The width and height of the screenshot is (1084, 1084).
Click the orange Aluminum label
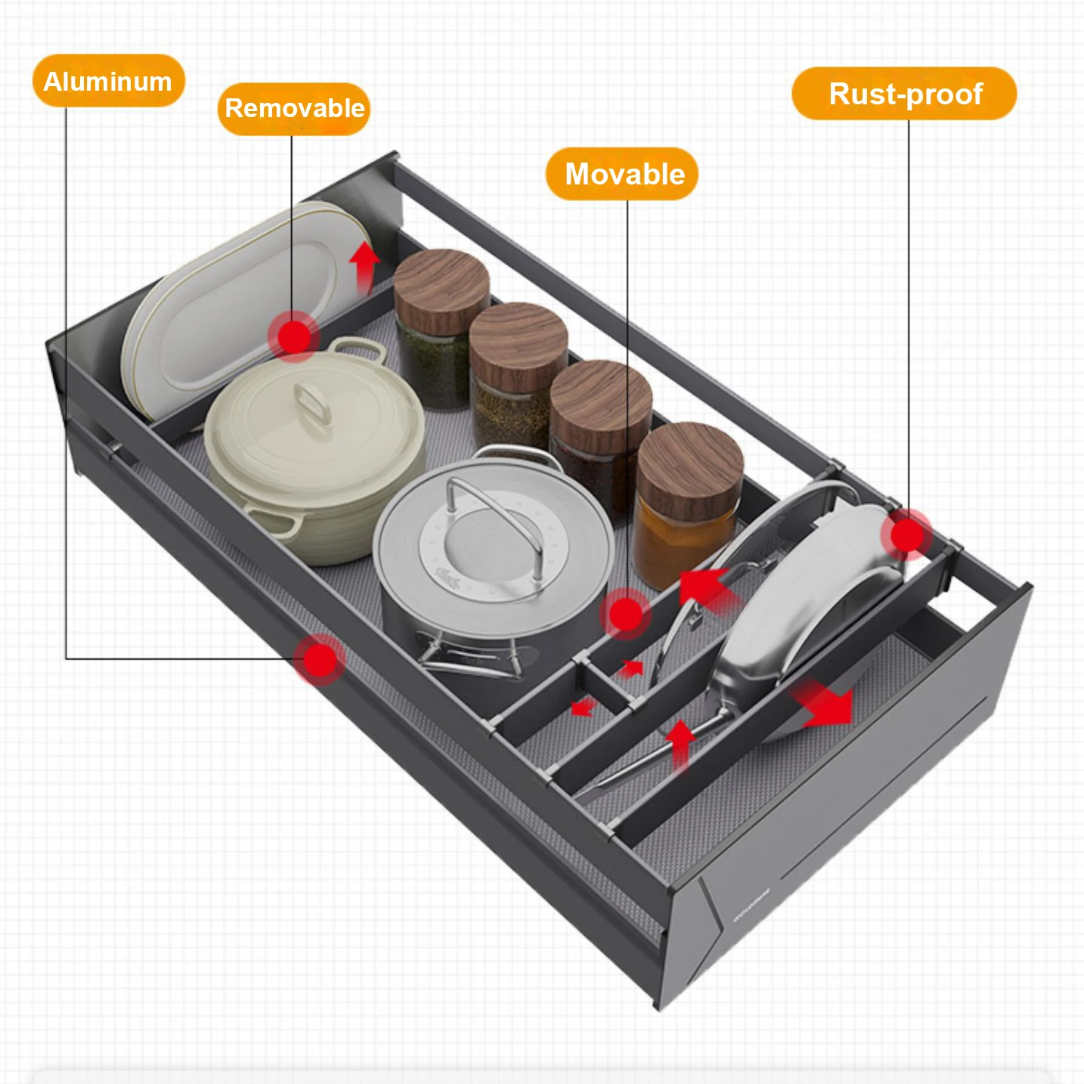coord(108,81)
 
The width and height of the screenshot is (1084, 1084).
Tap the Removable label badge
coord(294,109)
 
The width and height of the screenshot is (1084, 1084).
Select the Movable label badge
coord(622,174)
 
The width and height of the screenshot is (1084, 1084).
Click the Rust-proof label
coord(904,94)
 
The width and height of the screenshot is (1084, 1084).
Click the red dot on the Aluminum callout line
coord(320,660)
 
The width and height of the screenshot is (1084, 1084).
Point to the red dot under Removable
coord(294,335)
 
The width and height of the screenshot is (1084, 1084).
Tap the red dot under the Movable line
coord(625,614)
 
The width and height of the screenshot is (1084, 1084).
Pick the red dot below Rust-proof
coord(906,535)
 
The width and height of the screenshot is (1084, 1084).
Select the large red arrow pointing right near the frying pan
coord(825,704)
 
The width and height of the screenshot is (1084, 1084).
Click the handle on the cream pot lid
coord(312,404)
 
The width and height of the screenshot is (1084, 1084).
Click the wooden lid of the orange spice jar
coord(689,462)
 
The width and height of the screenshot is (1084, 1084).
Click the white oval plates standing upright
coord(227,310)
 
